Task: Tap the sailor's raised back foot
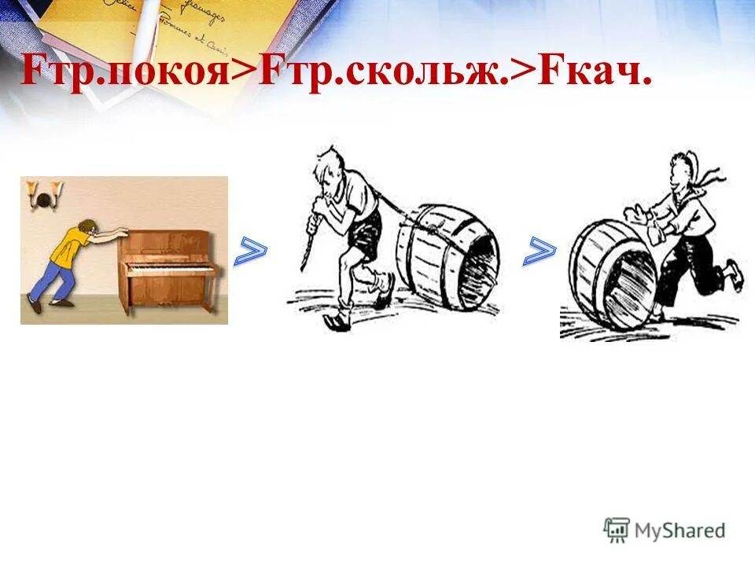click(x=734, y=271)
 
